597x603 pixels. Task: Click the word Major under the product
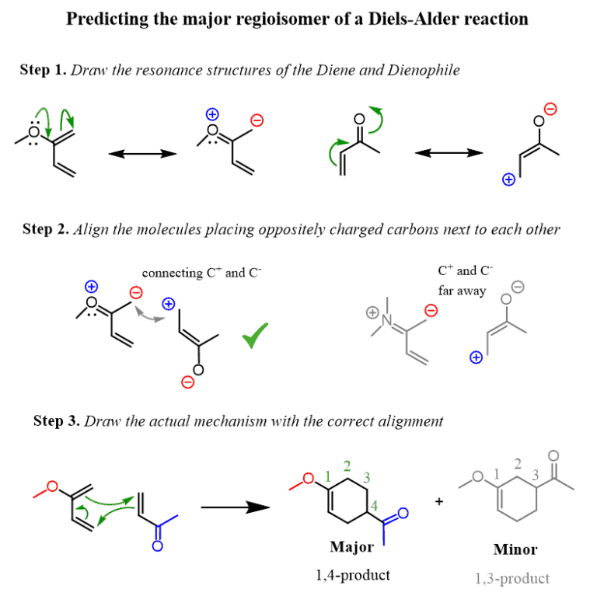coord(351,546)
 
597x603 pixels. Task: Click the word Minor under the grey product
coord(515,549)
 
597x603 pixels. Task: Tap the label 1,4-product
coord(352,575)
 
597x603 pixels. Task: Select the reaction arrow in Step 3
coord(235,507)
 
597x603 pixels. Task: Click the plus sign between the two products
coord(439,502)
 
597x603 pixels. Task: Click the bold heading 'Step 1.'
coord(44,70)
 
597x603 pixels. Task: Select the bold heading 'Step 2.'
coord(47,229)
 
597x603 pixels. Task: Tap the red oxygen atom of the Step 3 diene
coord(52,486)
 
